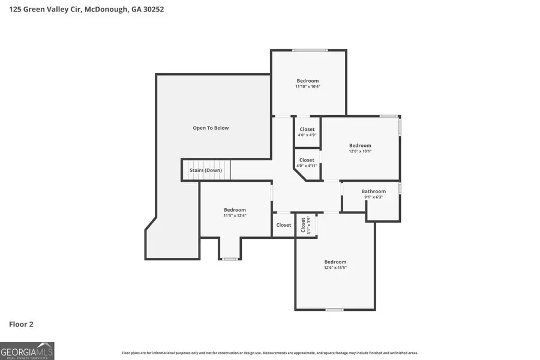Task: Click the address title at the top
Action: tap(86, 10)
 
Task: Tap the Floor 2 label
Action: tap(21, 324)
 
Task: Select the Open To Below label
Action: tap(211, 128)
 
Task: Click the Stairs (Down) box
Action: tap(206, 170)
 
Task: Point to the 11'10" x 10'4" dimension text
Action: tap(307, 86)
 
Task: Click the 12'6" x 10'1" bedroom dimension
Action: tap(360, 151)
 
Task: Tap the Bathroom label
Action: tap(373, 191)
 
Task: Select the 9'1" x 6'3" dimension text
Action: tap(373, 197)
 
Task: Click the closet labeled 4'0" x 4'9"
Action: tap(307, 132)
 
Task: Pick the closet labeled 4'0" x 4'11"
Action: tap(307, 163)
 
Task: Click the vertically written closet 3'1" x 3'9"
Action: tap(305, 225)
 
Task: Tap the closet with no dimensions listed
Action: tap(283, 225)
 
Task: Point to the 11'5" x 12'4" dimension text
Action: tap(235, 215)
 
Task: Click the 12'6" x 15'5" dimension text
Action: tap(335, 268)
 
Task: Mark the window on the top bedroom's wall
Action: tap(310, 50)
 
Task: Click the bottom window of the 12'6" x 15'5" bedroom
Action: tap(334, 310)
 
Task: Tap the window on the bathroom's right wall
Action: tap(400, 188)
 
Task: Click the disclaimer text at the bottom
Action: tap(270, 353)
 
